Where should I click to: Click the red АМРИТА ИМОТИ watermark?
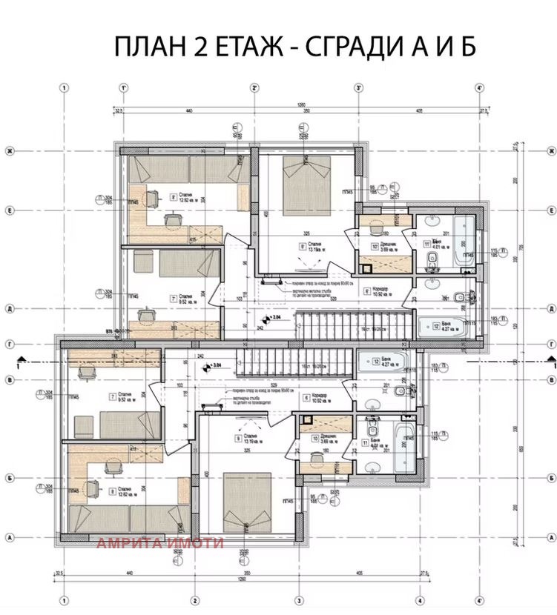(159, 543)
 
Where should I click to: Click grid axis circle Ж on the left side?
(10, 151)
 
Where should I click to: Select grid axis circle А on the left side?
(10, 537)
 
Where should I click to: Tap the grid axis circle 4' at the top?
(480, 87)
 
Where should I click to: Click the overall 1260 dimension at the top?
(301, 103)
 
